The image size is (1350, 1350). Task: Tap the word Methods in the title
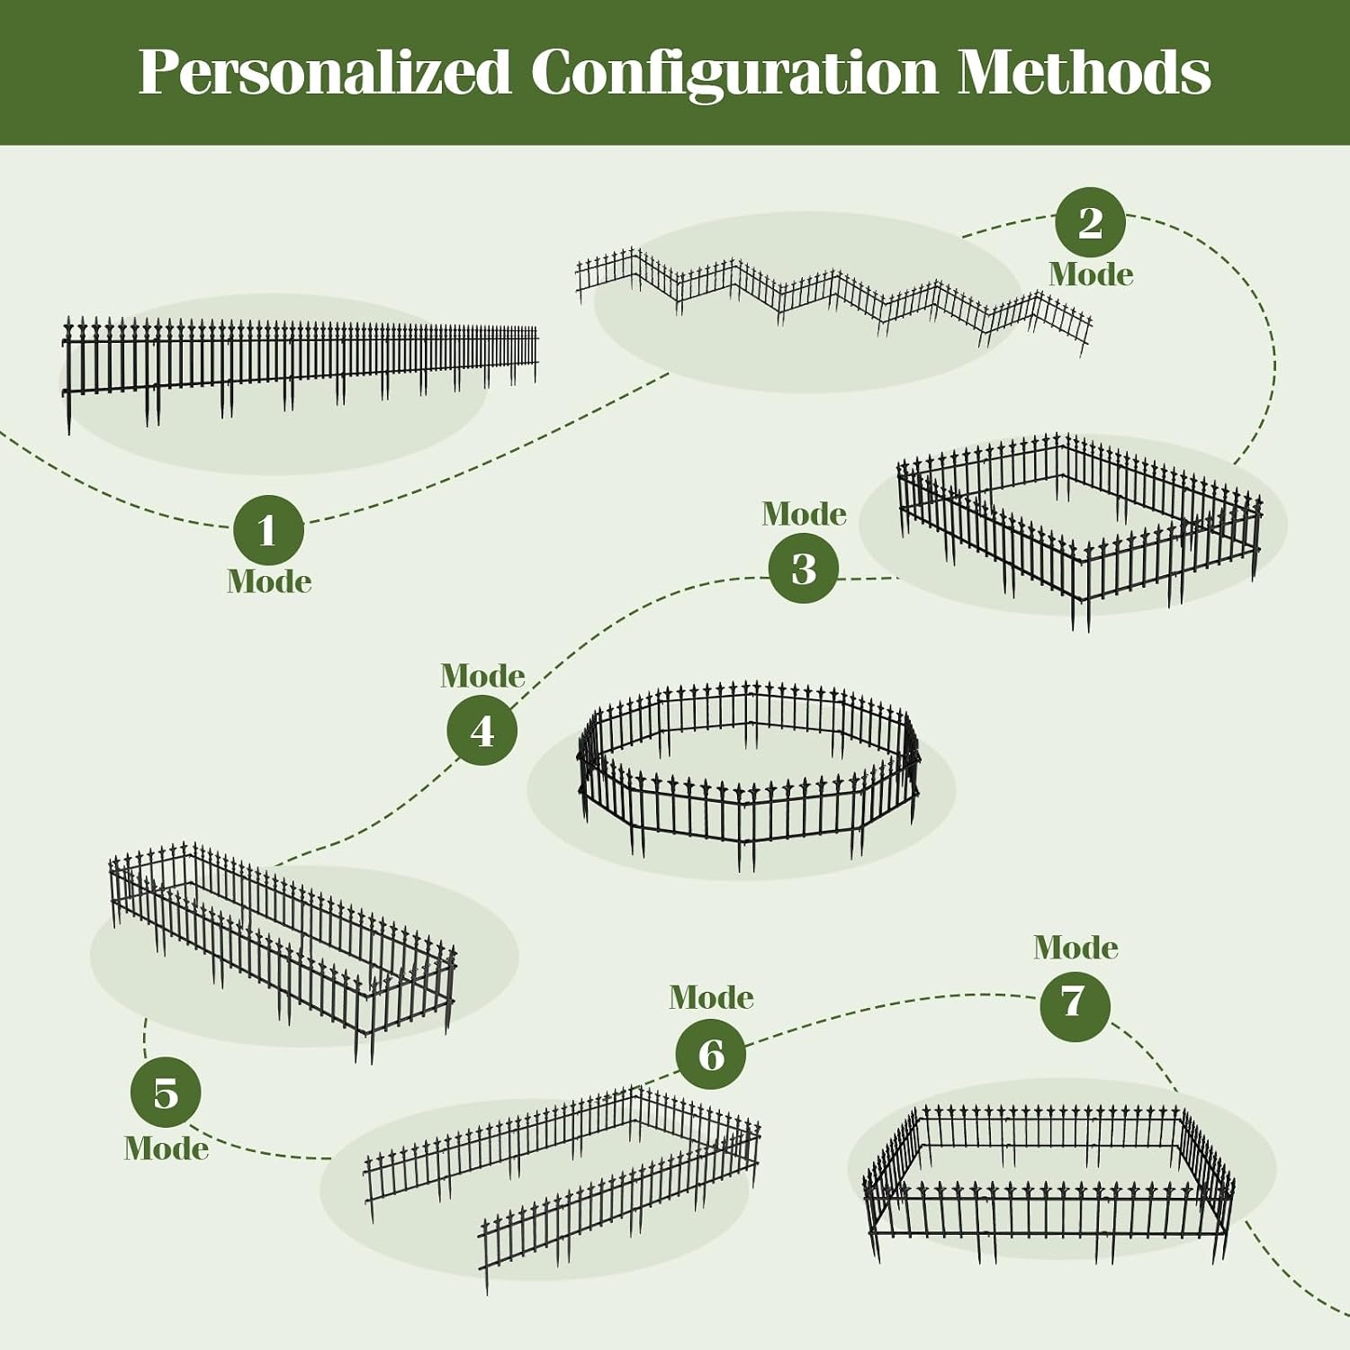tap(1084, 72)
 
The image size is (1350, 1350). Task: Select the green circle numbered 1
tap(268, 530)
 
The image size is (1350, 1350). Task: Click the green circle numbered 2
tap(1090, 222)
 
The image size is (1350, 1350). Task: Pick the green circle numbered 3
tap(804, 568)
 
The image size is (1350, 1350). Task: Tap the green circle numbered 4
tap(482, 730)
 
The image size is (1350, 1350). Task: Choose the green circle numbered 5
tap(166, 1093)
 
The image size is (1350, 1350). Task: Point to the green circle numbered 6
tap(711, 1054)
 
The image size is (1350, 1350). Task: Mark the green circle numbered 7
tap(1075, 1005)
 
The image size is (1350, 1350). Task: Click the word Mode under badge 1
tap(269, 581)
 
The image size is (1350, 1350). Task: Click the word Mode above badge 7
tap(1075, 947)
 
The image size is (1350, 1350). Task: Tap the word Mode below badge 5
tap(166, 1148)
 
